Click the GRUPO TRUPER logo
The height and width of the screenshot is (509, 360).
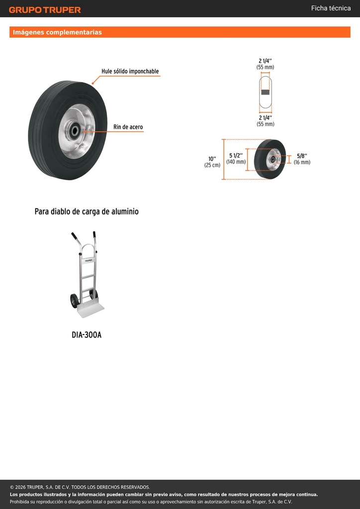[45, 10]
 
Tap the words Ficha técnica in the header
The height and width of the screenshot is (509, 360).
[331, 8]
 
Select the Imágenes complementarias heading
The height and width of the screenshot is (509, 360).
[57, 32]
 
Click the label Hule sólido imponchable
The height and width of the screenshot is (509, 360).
[130, 71]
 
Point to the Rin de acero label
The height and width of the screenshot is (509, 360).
[128, 127]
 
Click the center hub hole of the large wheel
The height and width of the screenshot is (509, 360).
[75, 131]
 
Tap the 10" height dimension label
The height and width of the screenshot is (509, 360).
[212, 159]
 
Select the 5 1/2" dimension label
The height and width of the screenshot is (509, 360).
[236, 155]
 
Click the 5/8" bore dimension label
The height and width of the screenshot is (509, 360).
[302, 156]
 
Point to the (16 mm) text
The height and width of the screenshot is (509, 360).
[302, 162]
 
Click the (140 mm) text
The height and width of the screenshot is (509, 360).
[236, 162]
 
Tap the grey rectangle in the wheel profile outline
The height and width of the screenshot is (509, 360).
[266, 92]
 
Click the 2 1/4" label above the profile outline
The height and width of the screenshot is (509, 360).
[265, 61]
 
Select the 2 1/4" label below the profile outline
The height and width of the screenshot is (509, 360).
[265, 117]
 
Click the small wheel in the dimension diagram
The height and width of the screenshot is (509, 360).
[270, 159]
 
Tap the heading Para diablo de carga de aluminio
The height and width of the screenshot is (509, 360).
[87, 212]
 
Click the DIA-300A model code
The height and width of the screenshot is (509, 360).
[87, 335]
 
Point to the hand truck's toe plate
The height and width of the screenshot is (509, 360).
[90, 310]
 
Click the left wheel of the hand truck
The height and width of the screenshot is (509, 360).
[75, 301]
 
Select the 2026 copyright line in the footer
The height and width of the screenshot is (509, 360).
[80, 487]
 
